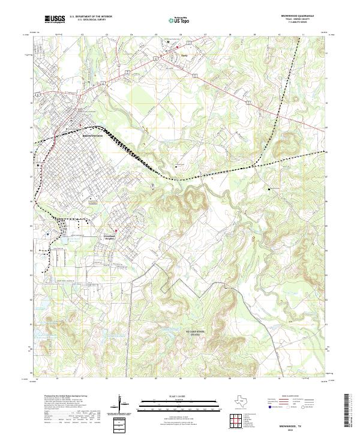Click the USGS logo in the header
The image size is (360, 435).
(55, 20)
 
